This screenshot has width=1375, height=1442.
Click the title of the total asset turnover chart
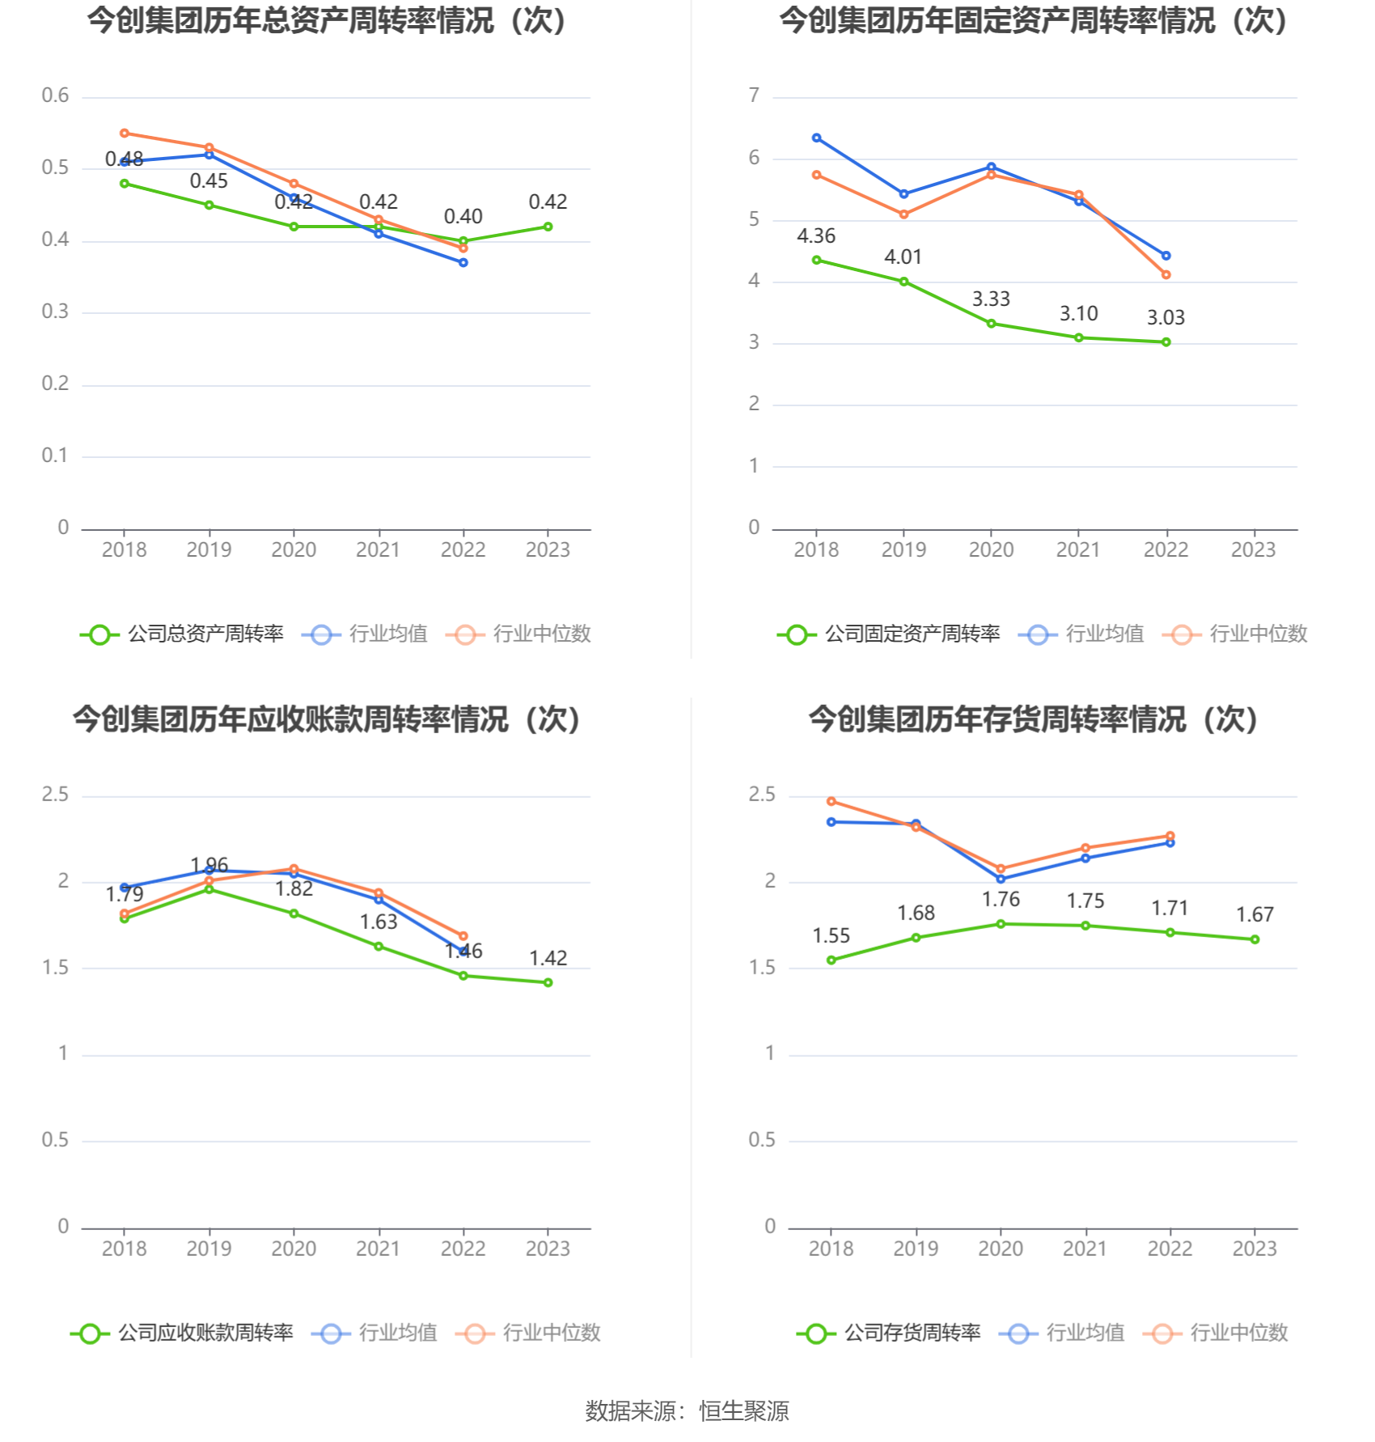327,21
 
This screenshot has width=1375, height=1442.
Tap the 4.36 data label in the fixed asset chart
815,236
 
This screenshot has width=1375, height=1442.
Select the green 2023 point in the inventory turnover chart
1254,939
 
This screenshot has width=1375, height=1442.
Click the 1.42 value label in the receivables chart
548,958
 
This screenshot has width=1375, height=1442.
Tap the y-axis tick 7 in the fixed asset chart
754,95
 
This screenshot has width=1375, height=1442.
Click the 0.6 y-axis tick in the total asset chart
55,95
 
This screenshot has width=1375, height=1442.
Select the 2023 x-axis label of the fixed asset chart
1253,550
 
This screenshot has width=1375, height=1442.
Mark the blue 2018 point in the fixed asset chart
816,138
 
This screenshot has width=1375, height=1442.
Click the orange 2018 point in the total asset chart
125,134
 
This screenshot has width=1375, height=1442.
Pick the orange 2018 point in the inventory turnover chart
831,801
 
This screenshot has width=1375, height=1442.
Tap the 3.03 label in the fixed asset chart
1166,318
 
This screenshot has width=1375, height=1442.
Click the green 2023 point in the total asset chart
548,227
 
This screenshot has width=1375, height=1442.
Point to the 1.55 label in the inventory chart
831,936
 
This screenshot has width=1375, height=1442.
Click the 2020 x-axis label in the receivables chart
294,1249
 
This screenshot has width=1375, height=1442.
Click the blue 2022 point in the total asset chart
463,262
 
